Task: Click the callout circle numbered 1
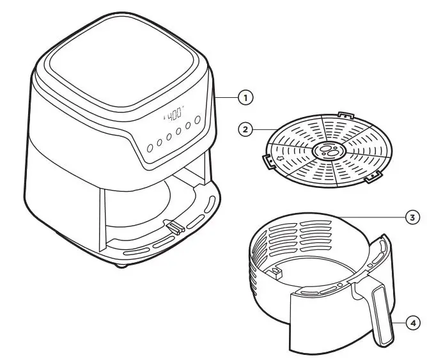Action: [x=245, y=98]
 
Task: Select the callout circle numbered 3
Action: [x=413, y=217]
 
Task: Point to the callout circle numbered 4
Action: [x=413, y=323]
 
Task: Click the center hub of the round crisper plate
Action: [x=330, y=152]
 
